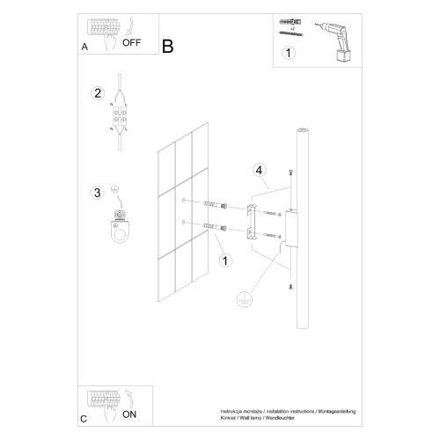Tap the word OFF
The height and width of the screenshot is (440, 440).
pyautogui.click(x=131, y=41)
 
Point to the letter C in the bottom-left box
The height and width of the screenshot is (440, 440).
pyautogui.click(x=84, y=418)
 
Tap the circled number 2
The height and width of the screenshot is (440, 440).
pyautogui.click(x=98, y=94)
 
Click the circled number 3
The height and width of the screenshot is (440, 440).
pyautogui.click(x=98, y=193)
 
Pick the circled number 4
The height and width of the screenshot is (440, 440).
pyautogui.click(x=259, y=169)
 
